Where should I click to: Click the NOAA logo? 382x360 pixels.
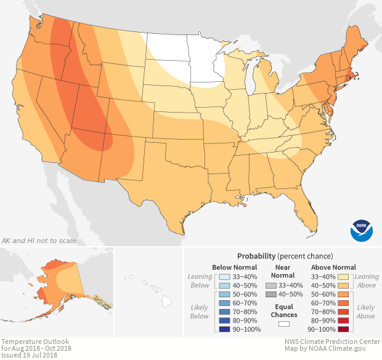pyautogui.click(x=361, y=230)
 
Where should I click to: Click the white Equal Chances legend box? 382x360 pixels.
pyautogui.click(x=283, y=324)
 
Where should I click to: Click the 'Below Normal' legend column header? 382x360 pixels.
pyautogui.click(x=235, y=267)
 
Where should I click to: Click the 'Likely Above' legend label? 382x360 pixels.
pyautogui.click(x=365, y=311)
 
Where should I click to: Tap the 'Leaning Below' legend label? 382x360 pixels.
pyautogui.click(x=200, y=281)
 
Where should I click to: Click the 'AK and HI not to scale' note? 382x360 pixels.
pyautogui.click(x=39, y=240)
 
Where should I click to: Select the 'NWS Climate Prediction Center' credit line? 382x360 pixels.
pyautogui.click(x=329, y=341)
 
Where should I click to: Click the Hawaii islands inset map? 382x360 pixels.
pyautogui.click(x=154, y=292)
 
